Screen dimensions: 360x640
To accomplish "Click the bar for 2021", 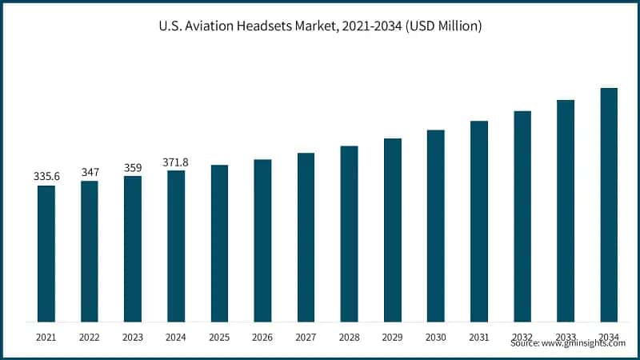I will pyautogui.click(x=46, y=254).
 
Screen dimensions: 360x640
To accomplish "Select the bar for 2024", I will pyautogui.click(x=176, y=246).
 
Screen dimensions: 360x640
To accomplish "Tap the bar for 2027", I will pyautogui.click(x=306, y=238).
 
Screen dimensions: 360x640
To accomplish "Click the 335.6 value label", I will pyautogui.click(x=46, y=175).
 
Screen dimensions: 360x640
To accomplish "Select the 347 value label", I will pyautogui.click(x=90, y=171).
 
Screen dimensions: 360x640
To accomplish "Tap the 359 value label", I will pyautogui.click(x=133, y=166).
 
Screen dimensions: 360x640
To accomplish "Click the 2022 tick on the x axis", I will pyautogui.click(x=90, y=338).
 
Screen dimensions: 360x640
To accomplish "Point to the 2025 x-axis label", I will pyautogui.click(x=219, y=338).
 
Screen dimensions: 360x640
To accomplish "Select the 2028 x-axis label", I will pyautogui.click(x=349, y=338).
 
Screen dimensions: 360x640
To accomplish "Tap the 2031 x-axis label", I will pyautogui.click(x=478, y=338).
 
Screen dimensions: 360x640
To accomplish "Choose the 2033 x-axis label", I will pyautogui.click(x=566, y=338).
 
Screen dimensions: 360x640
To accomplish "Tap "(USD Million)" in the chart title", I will pyautogui.click(x=442, y=26).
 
